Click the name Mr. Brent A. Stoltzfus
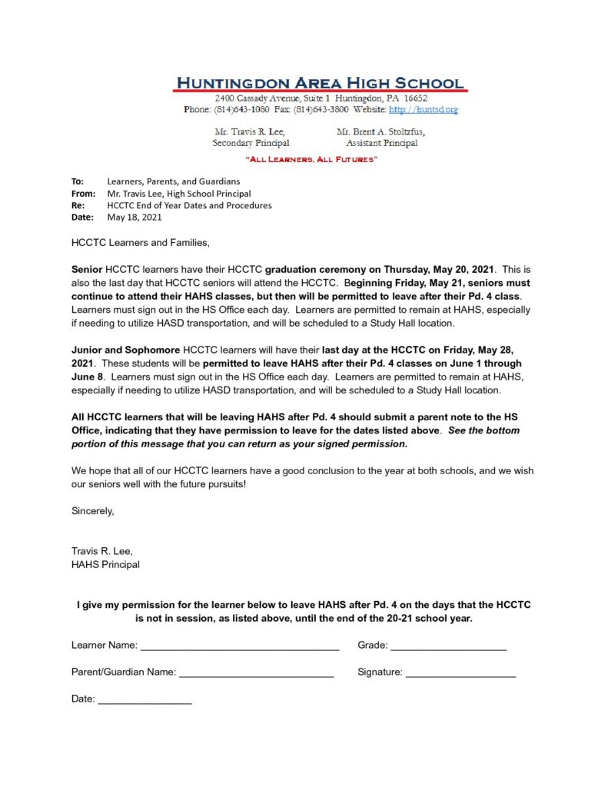click(x=381, y=132)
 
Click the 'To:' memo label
click(x=78, y=181)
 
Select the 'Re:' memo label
click(x=78, y=205)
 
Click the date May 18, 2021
click(x=135, y=218)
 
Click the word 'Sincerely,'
click(x=92, y=510)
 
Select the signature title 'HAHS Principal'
click(x=105, y=565)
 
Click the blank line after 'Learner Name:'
click(x=240, y=646)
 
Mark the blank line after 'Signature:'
click(x=460, y=672)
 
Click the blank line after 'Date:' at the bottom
click(x=145, y=699)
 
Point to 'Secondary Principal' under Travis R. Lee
click(x=251, y=143)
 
